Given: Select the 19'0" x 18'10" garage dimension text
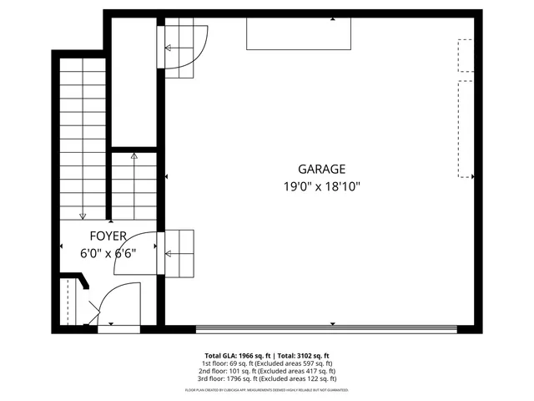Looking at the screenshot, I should coord(321,188).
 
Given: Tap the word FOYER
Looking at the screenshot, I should coord(108,236).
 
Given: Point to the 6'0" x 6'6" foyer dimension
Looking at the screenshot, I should coord(108,253).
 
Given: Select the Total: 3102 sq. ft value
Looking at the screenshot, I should coord(300,355).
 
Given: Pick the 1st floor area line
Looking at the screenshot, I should coord(267,363).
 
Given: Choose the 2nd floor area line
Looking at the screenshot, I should coord(267,371).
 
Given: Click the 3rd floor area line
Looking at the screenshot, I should coord(267,378).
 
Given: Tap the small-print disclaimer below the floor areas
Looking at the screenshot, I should coord(267,389).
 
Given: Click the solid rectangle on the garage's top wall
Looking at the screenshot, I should coord(298,33).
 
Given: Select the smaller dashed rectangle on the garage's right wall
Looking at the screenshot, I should coord(465,56).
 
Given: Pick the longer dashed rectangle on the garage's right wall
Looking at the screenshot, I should coord(465,129).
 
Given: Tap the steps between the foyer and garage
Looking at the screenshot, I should coord(180,253).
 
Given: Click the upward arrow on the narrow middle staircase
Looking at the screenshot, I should coord(133,156).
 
